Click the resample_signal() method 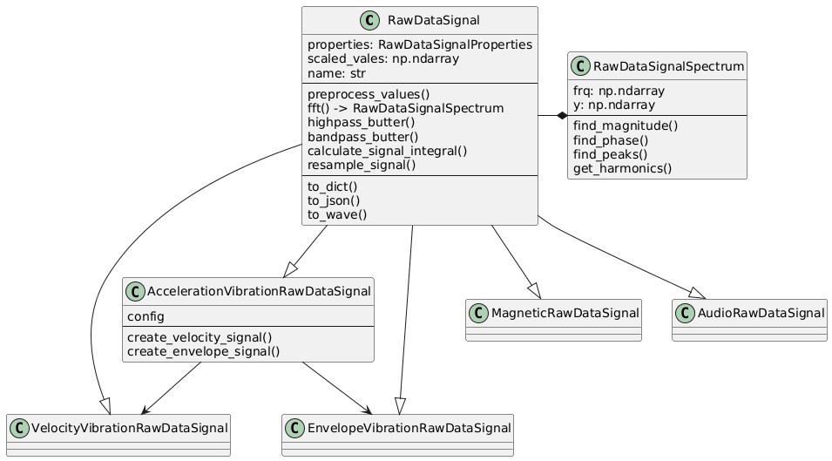[362, 164]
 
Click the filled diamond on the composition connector [562, 115]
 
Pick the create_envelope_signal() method [203, 351]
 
